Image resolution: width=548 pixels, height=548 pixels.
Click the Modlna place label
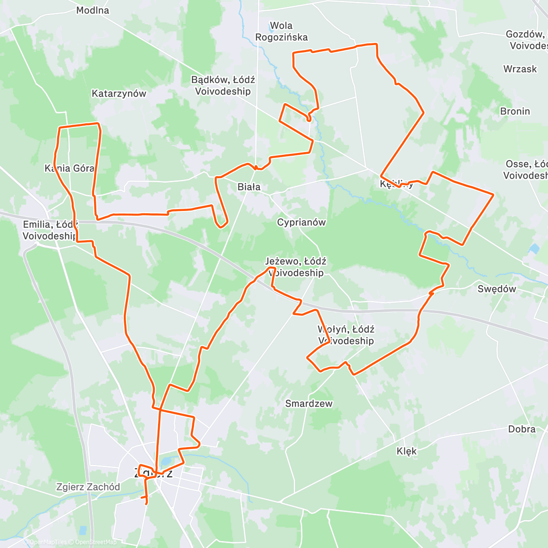pyautogui.click(x=93, y=11)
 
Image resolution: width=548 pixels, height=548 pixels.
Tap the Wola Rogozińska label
pyautogui.click(x=281, y=32)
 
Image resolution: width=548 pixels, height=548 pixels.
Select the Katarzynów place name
pyautogui.click(x=119, y=94)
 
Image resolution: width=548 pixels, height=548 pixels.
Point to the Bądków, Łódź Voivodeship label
pyautogui.click(x=223, y=85)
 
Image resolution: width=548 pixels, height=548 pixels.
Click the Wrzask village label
pyautogui.click(x=520, y=69)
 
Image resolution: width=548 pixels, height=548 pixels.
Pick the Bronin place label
pyautogui.click(x=515, y=111)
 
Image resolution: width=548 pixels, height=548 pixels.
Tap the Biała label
pyautogui.click(x=249, y=187)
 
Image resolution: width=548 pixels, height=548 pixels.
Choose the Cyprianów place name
pyautogui.click(x=301, y=222)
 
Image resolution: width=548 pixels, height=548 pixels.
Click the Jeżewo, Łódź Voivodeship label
pyautogui.click(x=295, y=267)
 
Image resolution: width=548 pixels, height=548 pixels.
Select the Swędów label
pyautogui.click(x=496, y=289)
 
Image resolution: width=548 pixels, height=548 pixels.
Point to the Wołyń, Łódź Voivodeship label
pyautogui.click(x=346, y=335)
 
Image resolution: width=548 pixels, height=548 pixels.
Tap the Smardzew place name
pyautogui.click(x=309, y=404)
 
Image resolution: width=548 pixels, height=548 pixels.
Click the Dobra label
pyautogui.click(x=522, y=429)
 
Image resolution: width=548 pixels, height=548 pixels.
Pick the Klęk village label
pyautogui.click(x=406, y=451)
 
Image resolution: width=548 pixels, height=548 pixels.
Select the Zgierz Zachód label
pyautogui.click(x=88, y=487)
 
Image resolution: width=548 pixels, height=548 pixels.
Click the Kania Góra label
pyautogui.click(x=69, y=169)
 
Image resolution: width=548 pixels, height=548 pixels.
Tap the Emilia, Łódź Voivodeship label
pyautogui.click(x=50, y=230)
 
